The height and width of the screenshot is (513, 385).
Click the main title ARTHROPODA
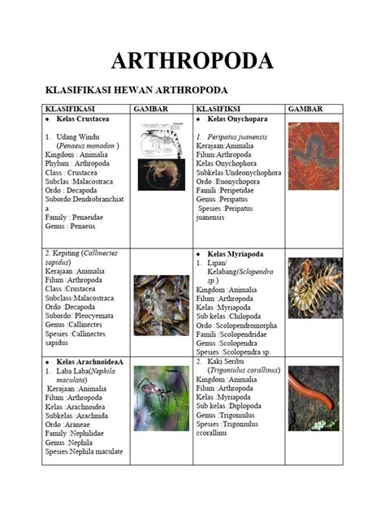(x=192, y=60)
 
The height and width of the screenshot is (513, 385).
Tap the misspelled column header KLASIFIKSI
(x=219, y=108)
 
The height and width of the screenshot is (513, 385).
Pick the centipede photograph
(x=314, y=287)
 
